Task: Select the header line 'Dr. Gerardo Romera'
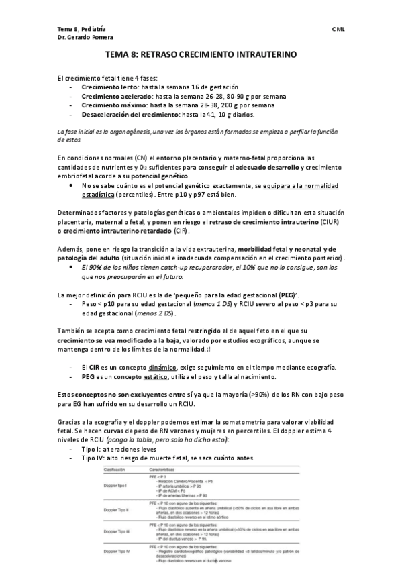85,37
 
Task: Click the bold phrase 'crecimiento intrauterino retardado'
118,231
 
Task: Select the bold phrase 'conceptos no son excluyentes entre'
132,393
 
